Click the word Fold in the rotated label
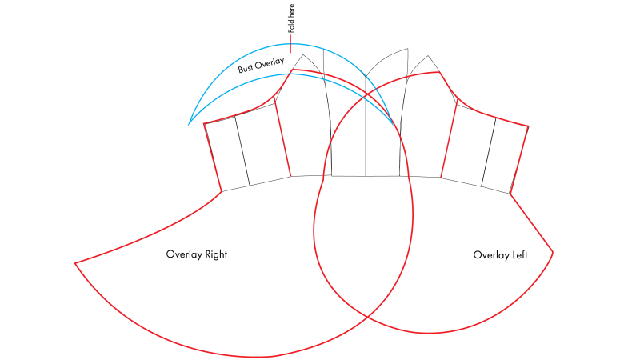tap(291, 26)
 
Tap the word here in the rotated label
tap(291, 11)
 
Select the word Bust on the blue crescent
tap(246, 68)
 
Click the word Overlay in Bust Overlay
tap(270, 63)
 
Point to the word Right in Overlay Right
tap(216, 254)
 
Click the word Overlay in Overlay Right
tap(184, 254)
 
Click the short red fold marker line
tap(290, 43)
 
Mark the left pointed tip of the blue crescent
tap(188, 126)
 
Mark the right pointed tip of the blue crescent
tap(394, 125)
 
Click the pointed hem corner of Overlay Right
tap(75, 263)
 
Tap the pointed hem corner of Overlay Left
tap(553, 252)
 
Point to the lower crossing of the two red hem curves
tap(367, 317)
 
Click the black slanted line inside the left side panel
tap(242, 151)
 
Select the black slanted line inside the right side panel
tap(489, 152)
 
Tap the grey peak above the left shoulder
tap(303, 55)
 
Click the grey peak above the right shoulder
tap(428, 56)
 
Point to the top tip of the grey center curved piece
tap(408, 49)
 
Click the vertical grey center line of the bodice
tap(366, 126)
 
